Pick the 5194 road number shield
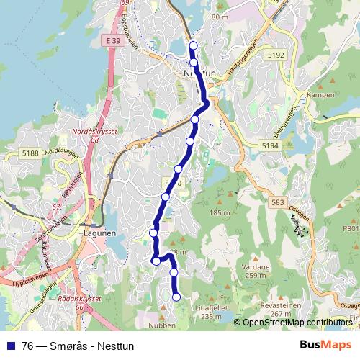[270, 145]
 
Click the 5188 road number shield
[30, 153]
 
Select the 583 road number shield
[276, 204]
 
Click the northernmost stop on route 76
[193, 46]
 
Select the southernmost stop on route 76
[176, 297]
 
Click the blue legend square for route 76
[9, 346]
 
